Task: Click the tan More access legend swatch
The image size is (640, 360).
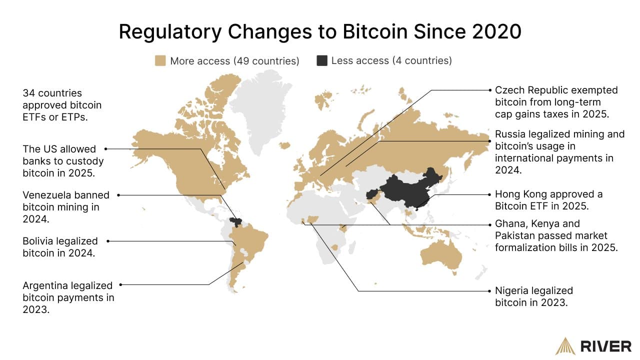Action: (x=160, y=61)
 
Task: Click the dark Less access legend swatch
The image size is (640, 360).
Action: (x=322, y=61)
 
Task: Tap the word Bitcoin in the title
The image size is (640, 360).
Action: (x=372, y=31)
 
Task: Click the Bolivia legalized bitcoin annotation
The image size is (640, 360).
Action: (x=60, y=247)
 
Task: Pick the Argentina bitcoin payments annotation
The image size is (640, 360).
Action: (x=68, y=297)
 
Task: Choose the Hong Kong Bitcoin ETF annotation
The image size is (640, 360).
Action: (x=548, y=200)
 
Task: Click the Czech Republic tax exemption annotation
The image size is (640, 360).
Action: (x=556, y=102)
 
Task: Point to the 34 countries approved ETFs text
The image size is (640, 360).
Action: (x=62, y=105)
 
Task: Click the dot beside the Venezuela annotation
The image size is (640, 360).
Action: (x=119, y=195)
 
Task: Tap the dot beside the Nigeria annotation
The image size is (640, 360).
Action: (x=490, y=290)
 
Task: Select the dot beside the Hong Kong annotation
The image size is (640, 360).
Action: (x=490, y=194)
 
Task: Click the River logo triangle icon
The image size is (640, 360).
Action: (x=565, y=346)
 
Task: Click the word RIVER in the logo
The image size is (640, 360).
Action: (x=605, y=346)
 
